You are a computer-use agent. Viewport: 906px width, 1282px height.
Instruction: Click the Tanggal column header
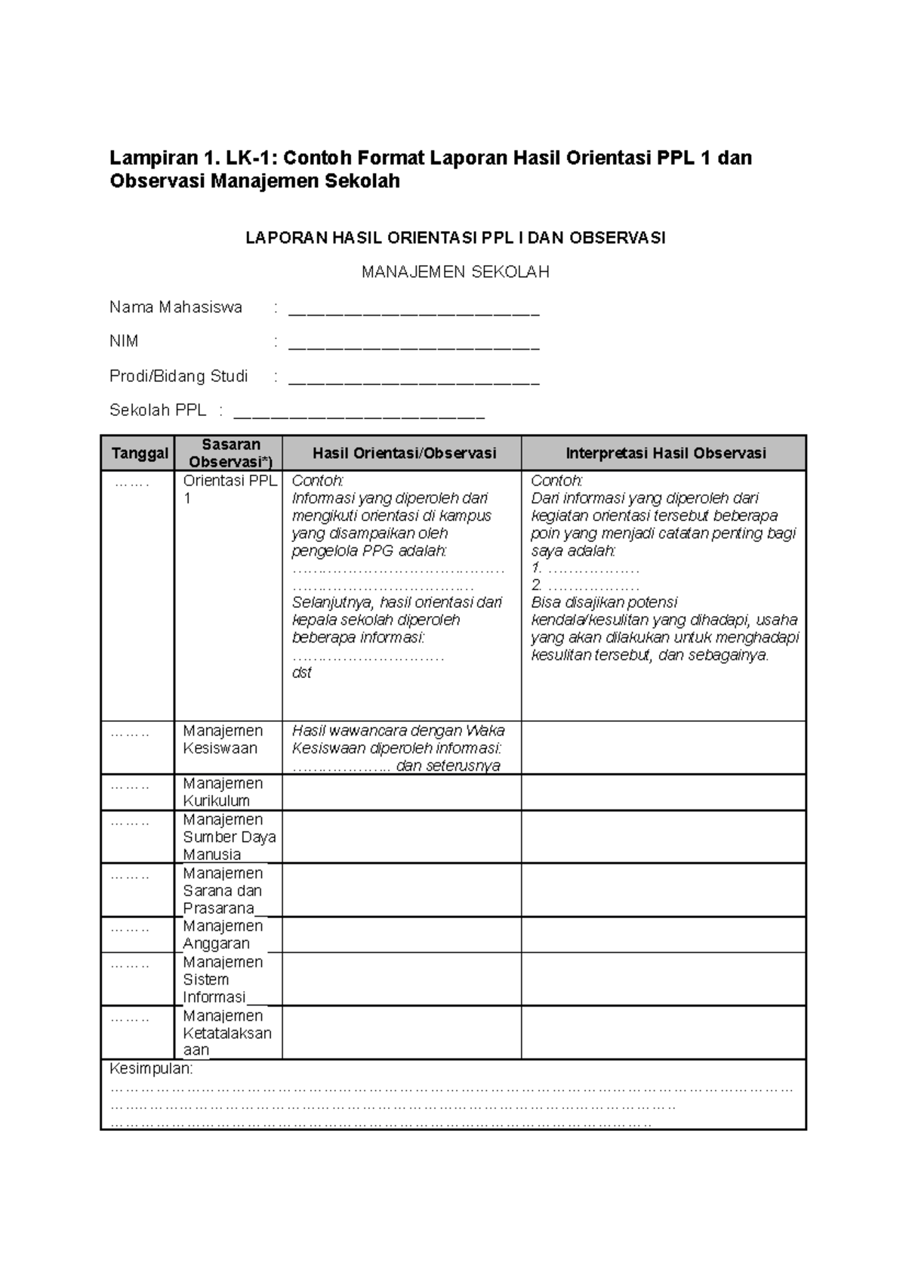(x=139, y=453)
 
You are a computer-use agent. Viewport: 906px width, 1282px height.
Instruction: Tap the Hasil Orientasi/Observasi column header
(x=404, y=453)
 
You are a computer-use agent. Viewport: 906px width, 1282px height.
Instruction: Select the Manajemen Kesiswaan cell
(x=223, y=739)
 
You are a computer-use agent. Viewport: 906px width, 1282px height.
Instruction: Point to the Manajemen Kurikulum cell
(x=223, y=792)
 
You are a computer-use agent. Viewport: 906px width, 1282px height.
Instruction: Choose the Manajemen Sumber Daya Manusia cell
(x=229, y=837)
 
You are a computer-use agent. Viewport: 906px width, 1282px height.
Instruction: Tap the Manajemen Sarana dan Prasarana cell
(x=223, y=890)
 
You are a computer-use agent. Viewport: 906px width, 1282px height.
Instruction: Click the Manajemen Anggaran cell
(x=223, y=935)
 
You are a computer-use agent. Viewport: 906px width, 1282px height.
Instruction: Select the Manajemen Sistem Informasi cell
(x=223, y=979)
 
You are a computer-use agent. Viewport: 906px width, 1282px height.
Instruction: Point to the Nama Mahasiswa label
(x=176, y=307)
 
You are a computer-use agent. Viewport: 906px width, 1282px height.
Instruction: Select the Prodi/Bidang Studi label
(x=178, y=376)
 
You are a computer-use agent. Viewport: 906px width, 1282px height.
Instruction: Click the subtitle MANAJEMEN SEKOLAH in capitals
(x=455, y=273)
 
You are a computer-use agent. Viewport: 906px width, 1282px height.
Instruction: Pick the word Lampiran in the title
(x=154, y=159)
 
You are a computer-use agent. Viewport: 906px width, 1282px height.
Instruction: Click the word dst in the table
(x=301, y=673)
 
